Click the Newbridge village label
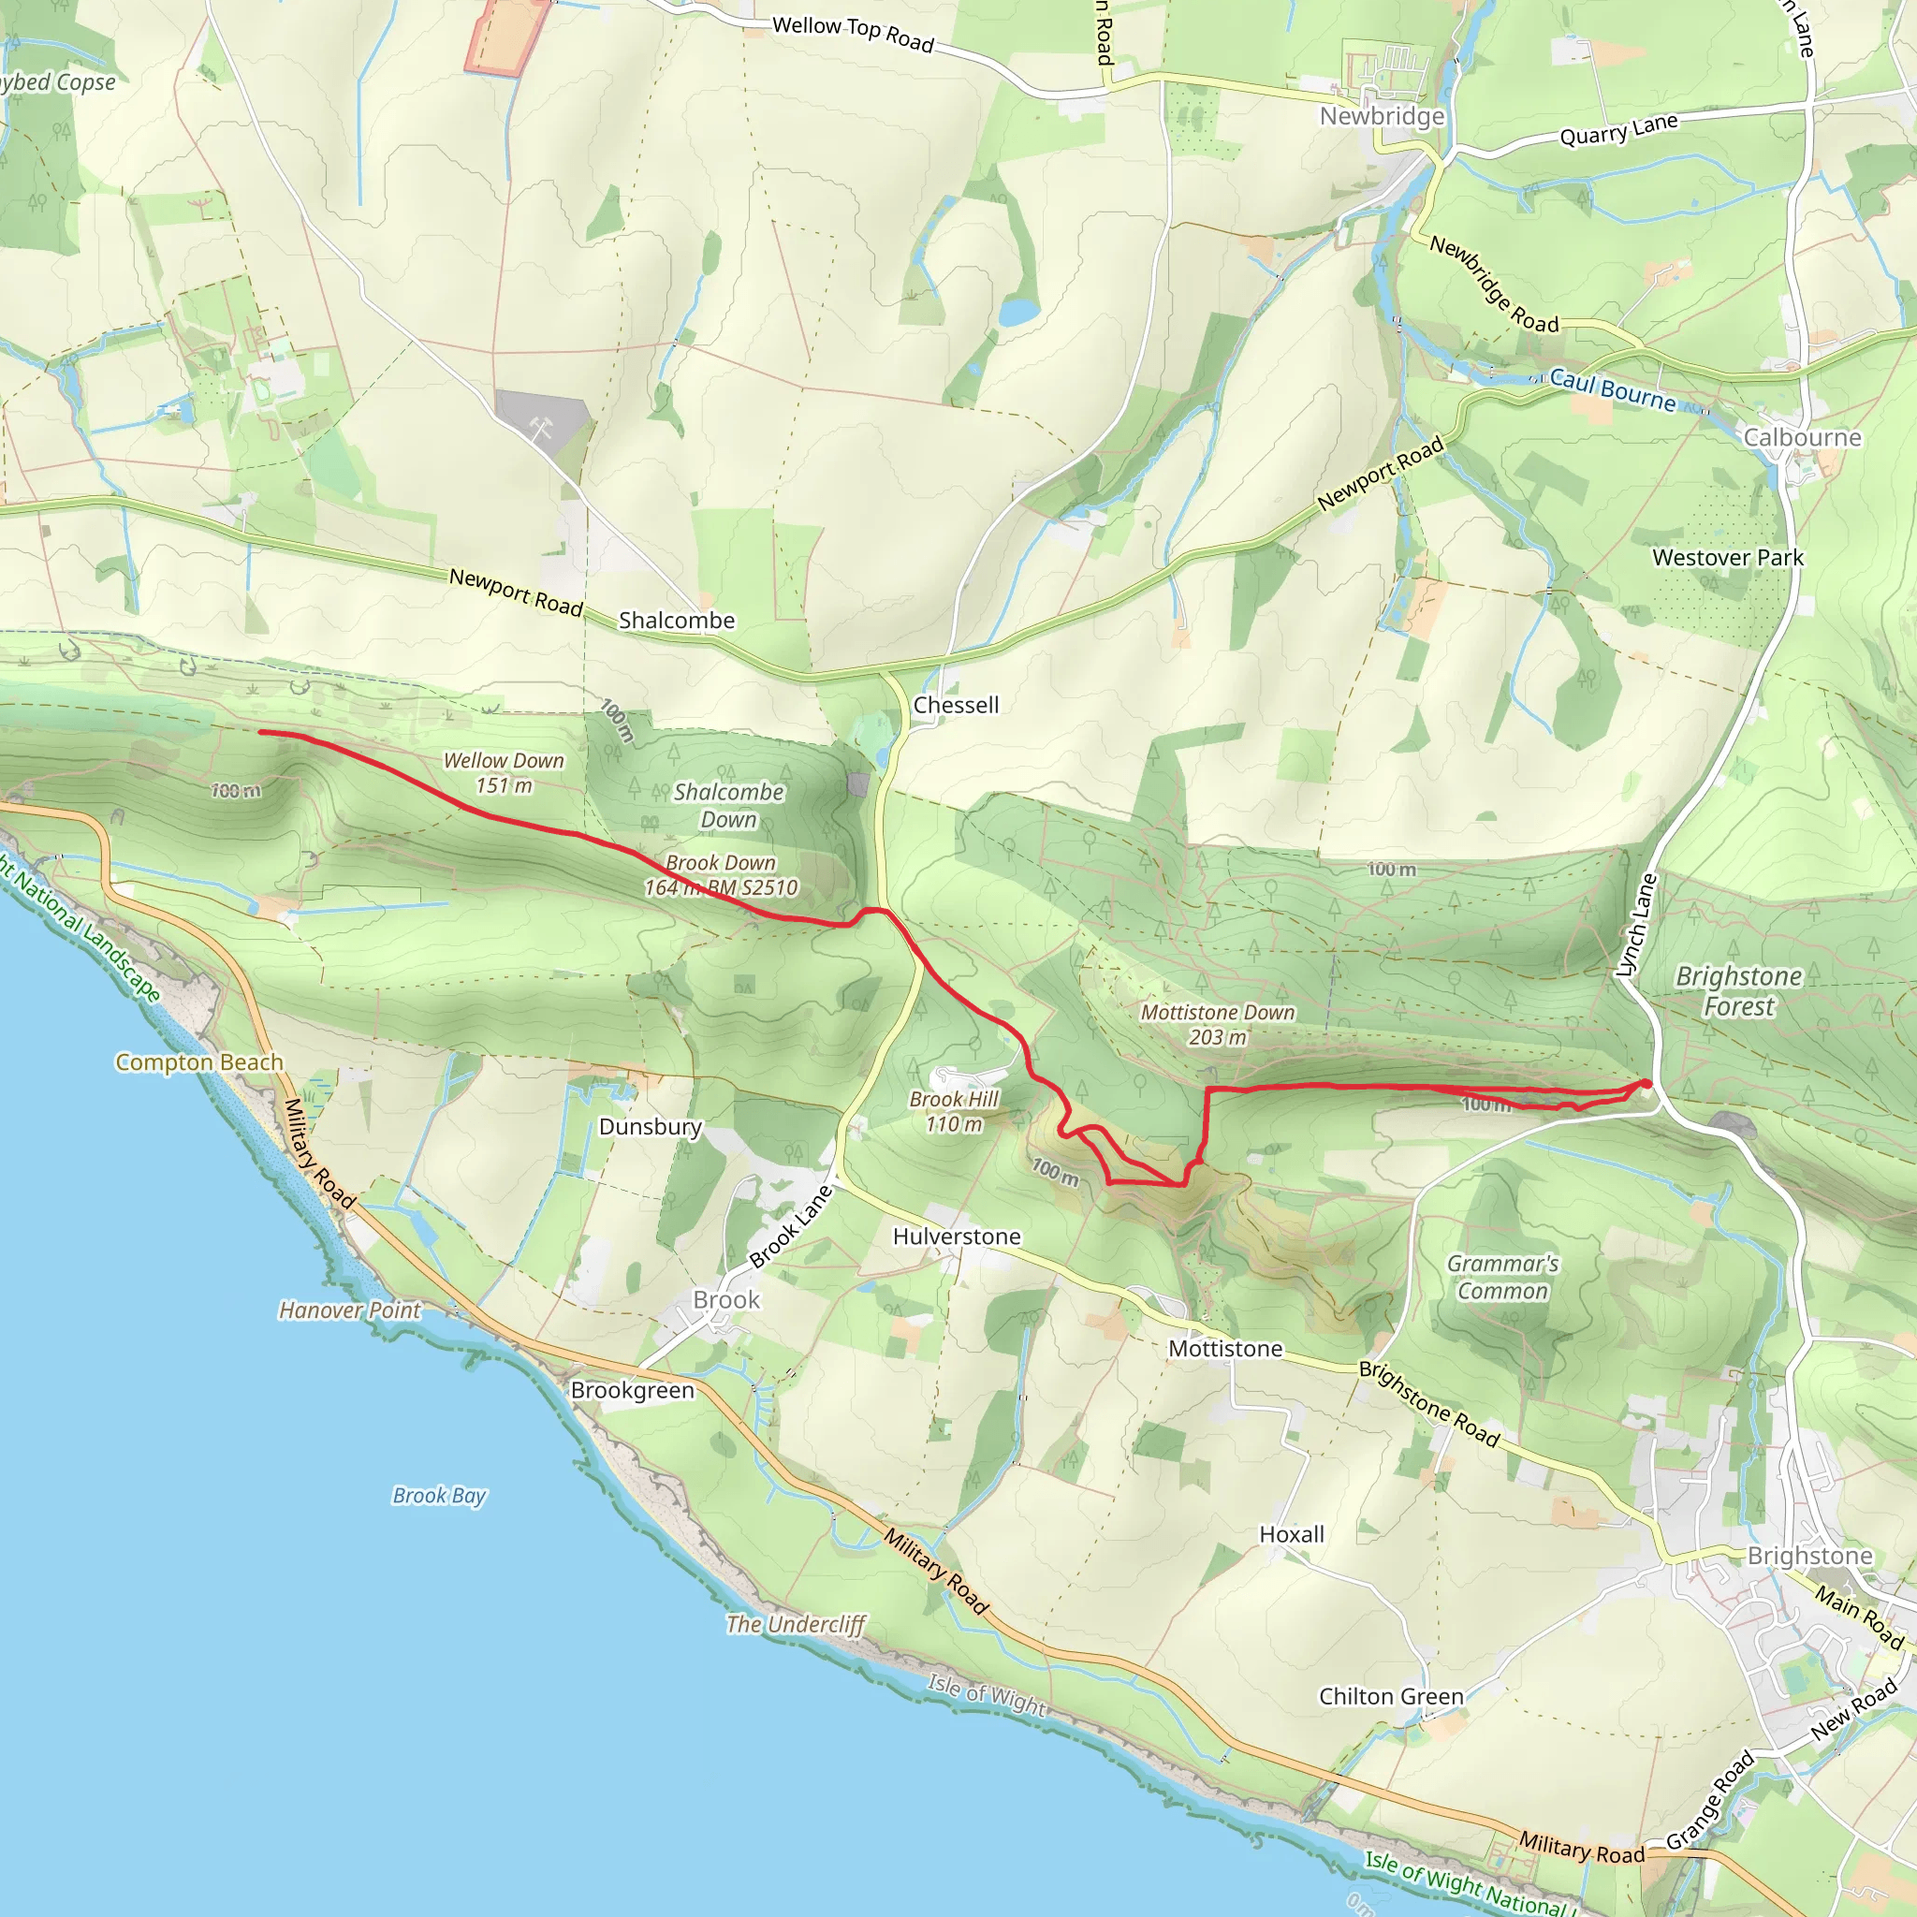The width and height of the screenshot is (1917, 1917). [x=1382, y=116]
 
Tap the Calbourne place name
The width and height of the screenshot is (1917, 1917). [x=1802, y=437]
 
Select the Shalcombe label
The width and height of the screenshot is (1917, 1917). [x=677, y=621]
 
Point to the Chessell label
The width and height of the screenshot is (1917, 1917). [x=956, y=705]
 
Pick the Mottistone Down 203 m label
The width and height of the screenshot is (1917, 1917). [x=1218, y=1025]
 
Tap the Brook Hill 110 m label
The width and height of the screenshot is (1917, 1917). [x=954, y=1111]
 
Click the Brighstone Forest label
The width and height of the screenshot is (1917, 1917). [x=1738, y=991]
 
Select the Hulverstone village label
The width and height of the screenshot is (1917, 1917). [x=957, y=1237]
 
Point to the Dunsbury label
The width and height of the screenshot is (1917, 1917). [x=650, y=1126]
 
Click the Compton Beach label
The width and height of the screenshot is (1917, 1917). [x=199, y=1061]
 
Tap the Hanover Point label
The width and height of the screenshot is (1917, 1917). [x=349, y=1310]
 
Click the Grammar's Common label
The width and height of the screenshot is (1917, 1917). [x=1502, y=1277]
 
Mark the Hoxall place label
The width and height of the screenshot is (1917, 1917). [x=1291, y=1534]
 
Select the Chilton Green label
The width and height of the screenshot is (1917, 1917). [x=1391, y=1696]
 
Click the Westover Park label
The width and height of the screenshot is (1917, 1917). [x=1728, y=558]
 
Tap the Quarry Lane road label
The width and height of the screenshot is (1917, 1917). [x=1618, y=130]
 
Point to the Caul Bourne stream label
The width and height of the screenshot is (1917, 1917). [x=1613, y=389]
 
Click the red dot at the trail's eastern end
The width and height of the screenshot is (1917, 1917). [x=1646, y=1084]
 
